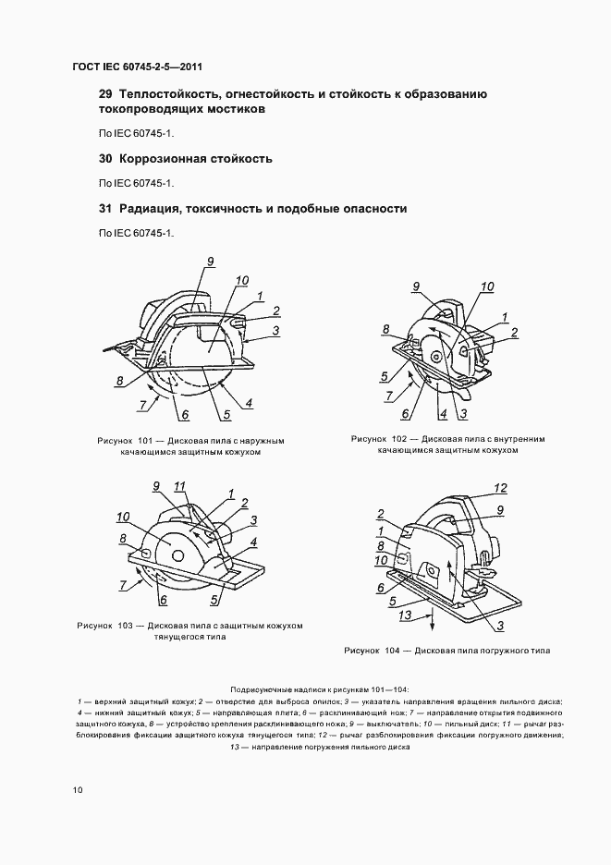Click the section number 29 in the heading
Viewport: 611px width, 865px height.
pos(104,94)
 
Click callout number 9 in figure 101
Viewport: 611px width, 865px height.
pos(211,262)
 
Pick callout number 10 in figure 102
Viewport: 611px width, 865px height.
pos(487,286)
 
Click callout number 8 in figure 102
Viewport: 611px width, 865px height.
pos(385,328)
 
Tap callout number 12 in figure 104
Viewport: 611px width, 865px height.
pos(502,487)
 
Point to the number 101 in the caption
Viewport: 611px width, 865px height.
pos(143,441)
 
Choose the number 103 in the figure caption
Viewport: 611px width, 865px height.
pos(126,625)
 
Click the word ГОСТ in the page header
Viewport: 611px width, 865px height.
pos(88,67)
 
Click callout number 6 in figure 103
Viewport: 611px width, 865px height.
pos(163,600)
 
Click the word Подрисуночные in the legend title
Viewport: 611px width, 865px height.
pos(265,690)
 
